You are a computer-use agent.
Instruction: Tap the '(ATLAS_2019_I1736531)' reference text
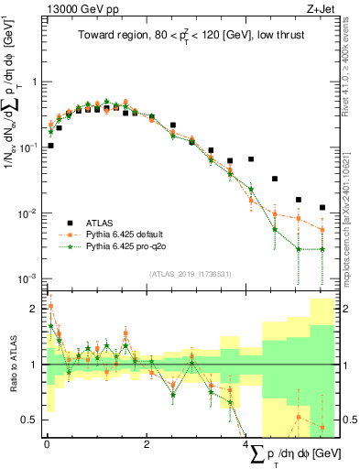tap(190, 273)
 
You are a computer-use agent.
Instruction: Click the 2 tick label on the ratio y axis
tap(34, 308)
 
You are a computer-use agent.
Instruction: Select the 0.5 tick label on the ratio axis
tap(29, 420)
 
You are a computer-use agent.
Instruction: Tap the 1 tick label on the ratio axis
tap(34, 365)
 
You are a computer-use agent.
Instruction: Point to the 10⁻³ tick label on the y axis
tap(27, 278)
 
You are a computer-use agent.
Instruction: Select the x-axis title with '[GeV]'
tap(294, 454)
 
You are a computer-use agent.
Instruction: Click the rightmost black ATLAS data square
tap(322, 208)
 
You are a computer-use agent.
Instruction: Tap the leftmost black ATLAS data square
tap(50, 145)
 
